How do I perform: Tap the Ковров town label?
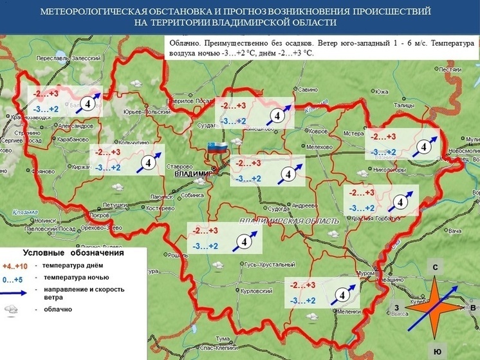tap(318, 131)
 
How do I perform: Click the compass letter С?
tap(435, 267)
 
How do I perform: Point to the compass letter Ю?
tap(437, 351)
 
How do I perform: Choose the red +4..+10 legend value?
tap(15, 266)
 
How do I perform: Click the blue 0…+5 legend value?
tap(14, 279)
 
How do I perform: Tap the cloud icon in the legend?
tap(12, 310)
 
